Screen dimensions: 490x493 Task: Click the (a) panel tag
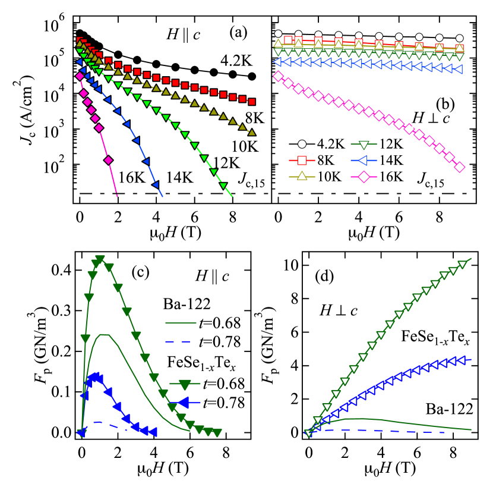tap(236, 32)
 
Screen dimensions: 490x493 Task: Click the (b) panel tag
tap(445, 104)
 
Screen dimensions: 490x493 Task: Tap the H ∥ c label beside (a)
tap(183, 35)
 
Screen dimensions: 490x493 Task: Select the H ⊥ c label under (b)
tap(431, 118)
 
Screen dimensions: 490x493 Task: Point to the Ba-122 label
tap(448, 409)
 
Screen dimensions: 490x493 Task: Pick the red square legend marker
tap(302, 160)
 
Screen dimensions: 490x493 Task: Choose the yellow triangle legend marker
tap(302, 176)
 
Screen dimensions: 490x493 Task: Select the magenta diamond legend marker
tap(364, 176)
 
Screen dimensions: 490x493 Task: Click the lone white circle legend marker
tap(302, 144)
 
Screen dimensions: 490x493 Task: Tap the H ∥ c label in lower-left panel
tap(212, 275)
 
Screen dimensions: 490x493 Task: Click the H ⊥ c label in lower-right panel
tap(338, 309)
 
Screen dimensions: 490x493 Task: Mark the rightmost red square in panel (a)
tap(252, 102)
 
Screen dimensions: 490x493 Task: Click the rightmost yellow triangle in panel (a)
tap(252, 132)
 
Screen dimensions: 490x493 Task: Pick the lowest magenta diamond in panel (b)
tap(459, 168)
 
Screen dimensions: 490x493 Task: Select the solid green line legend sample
tap(181, 323)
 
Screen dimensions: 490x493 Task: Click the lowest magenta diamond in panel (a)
tap(109, 160)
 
